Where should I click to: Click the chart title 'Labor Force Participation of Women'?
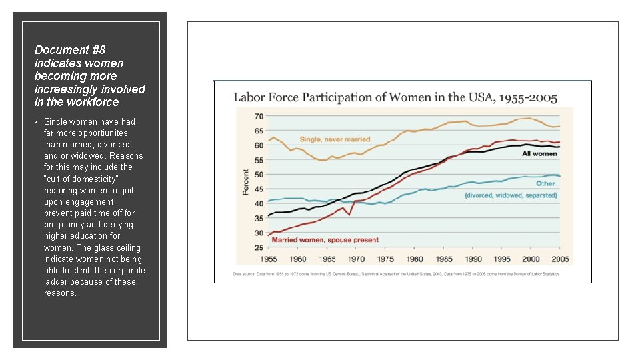click(x=395, y=97)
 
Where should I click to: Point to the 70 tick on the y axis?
click(x=258, y=116)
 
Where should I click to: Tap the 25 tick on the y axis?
click(x=258, y=247)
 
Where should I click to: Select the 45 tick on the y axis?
click(x=258, y=189)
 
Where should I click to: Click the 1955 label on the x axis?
click(x=269, y=259)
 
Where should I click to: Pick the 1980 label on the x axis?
click(x=414, y=259)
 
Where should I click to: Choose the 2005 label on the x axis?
click(x=560, y=259)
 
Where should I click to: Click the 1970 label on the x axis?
click(x=356, y=259)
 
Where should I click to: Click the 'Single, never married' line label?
click(x=335, y=139)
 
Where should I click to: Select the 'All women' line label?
click(x=539, y=154)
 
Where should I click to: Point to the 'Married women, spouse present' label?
click(x=325, y=239)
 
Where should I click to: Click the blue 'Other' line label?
click(x=545, y=183)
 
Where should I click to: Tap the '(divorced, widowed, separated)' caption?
click(x=511, y=195)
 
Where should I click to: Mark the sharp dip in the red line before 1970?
click(x=349, y=214)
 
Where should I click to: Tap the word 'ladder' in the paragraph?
click(x=56, y=281)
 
